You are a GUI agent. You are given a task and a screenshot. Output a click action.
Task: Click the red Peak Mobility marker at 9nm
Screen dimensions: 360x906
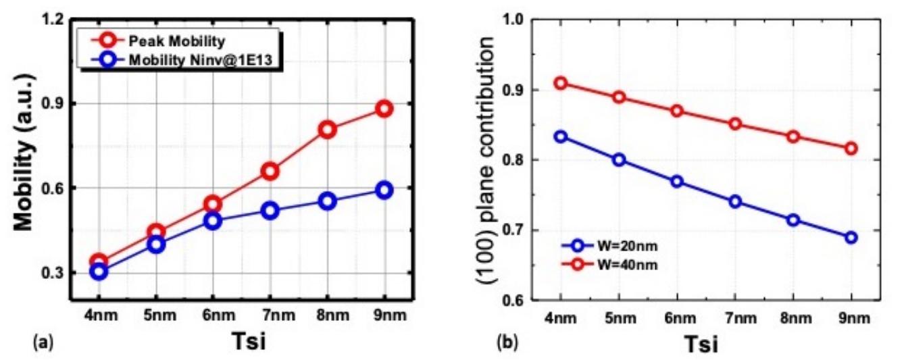(x=384, y=109)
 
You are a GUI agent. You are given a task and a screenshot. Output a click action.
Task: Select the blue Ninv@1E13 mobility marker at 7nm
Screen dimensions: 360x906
(x=270, y=211)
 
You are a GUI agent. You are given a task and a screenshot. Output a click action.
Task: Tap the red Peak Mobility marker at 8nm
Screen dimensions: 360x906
(x=328, y=130)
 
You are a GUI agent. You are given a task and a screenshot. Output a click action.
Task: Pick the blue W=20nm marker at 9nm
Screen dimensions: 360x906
(x=851, y=237)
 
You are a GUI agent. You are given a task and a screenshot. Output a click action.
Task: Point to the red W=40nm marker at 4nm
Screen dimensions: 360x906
(x=561, y=84)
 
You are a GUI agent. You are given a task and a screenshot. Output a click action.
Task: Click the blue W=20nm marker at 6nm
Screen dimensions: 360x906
(x=677, y=182)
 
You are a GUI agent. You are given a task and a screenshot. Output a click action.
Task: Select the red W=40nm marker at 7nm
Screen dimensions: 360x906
(x=735, y=124)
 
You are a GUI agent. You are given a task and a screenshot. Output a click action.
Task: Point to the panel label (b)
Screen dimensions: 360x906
(x=506, y=343)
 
